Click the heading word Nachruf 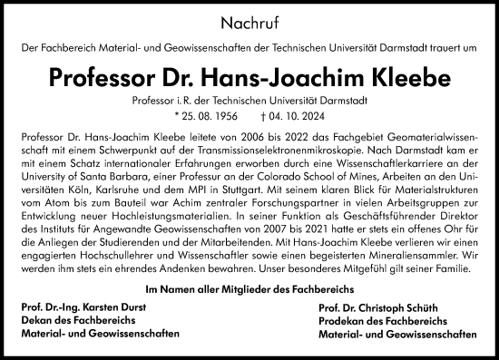tap(249, 19)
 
